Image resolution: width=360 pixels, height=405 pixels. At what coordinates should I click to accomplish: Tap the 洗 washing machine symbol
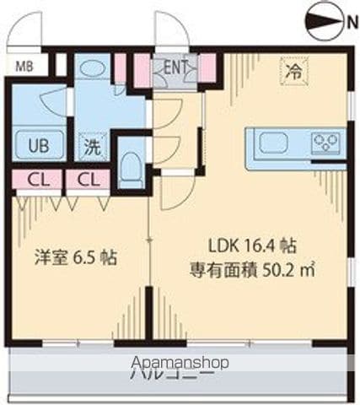89,145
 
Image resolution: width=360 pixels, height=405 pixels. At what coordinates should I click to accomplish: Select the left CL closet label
35,179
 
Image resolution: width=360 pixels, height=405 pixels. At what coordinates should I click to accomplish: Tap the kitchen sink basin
274,143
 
